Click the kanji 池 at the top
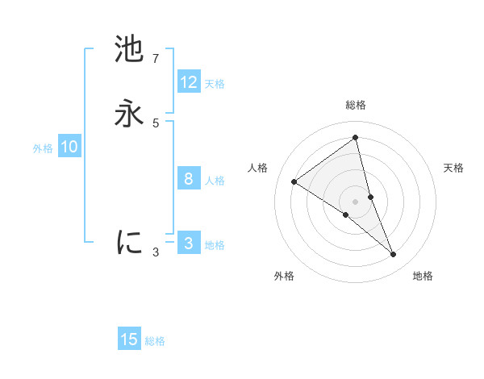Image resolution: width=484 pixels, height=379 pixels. coord(129,50)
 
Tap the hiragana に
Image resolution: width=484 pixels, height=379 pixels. coord(129,241)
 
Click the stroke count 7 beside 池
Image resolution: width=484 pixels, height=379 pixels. coord(156,59)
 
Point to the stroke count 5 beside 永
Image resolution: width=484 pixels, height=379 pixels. coord(156,123)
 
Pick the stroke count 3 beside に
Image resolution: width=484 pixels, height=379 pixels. coord(156,252)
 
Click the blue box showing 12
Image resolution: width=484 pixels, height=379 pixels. coord(189,82)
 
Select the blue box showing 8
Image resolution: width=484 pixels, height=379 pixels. coord(189,179)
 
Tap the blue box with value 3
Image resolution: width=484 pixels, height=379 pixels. coord(189,244)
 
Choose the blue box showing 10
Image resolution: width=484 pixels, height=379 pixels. coord(69,147)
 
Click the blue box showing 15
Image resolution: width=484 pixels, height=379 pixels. coord(129,339)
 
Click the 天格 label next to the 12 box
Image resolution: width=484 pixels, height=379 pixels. coord(215,84)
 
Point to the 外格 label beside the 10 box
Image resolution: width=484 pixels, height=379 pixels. coord(43,148)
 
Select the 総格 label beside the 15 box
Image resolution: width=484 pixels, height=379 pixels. coord(155,341)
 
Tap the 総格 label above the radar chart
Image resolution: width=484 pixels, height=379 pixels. coord(356,105)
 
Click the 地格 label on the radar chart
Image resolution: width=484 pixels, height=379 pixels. coord(423,277)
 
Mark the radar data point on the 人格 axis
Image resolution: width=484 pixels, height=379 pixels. coord(294,181)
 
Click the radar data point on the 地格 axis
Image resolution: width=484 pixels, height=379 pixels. coord(394,255)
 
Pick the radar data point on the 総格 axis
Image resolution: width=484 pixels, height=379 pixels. coord(356,137)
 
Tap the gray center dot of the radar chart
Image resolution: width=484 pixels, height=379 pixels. coord(356,201)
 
